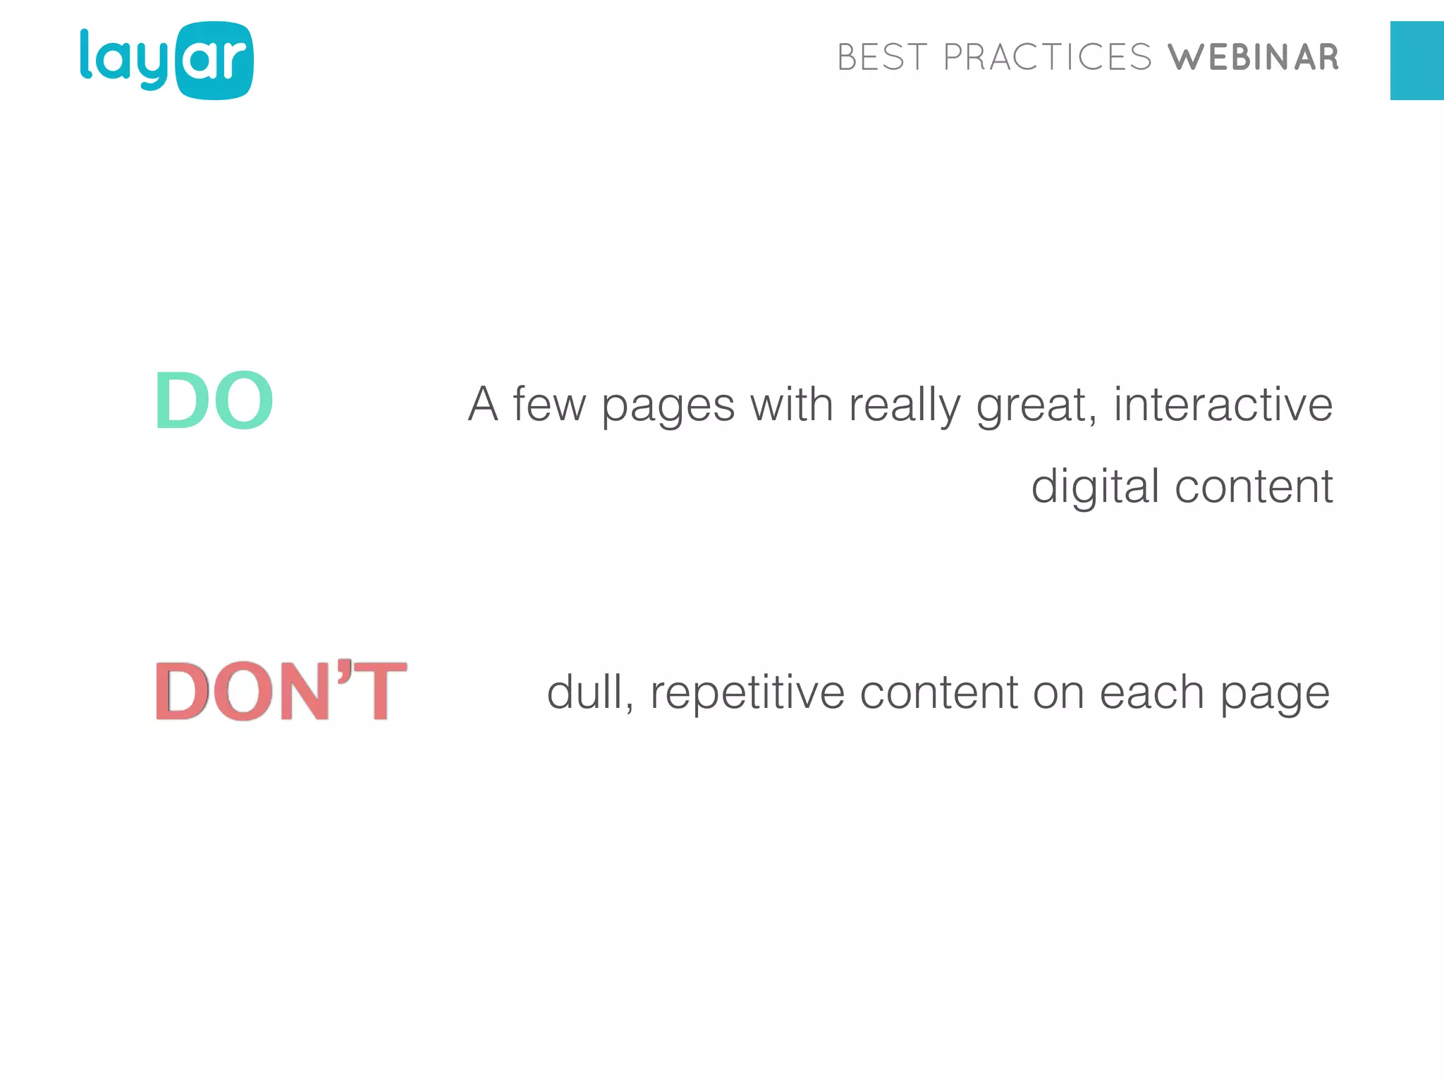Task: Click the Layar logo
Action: (166, 61)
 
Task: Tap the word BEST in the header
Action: (882, 58)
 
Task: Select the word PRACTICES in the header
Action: (1047, 58)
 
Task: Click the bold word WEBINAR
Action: (1253, 58)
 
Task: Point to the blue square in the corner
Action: (1417, 61)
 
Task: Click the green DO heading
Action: (214, 400)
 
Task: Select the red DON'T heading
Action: (281, 691)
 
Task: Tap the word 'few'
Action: (549, 405)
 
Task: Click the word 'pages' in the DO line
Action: (668, 408)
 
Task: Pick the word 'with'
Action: (791, 405)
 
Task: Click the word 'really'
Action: (905, 408)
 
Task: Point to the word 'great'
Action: (1034, 408)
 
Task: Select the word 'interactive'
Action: (1223, 405)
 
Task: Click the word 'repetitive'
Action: (747, 694)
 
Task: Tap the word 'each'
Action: (1152, 692)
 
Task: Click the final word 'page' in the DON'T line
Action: (1275, 695)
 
